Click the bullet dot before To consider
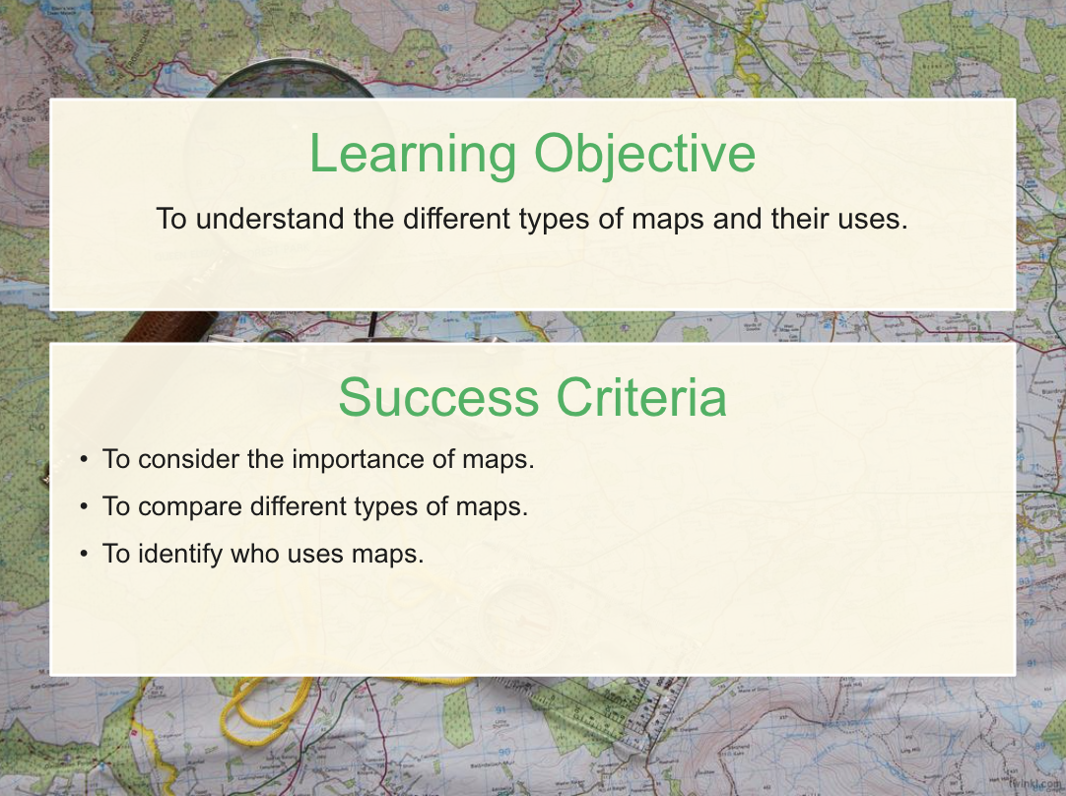(85, 459)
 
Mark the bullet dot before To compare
(85, 507)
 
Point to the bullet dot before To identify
(85, 554)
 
